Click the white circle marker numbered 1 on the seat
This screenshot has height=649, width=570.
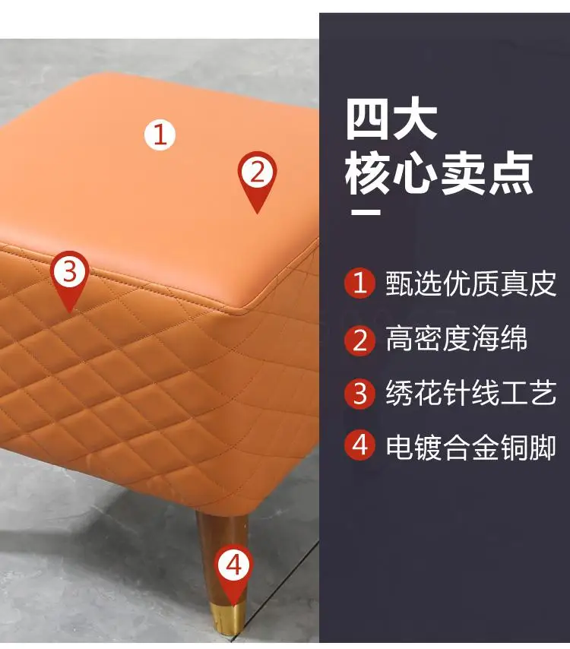pos(160,135)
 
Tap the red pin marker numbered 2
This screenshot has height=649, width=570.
pos(257,181)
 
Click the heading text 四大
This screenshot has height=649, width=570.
pos(391,119)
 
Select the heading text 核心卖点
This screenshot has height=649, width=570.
pos(439,173)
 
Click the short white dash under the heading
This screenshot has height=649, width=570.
pos(366,212)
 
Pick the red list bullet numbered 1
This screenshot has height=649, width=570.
pos(359,283)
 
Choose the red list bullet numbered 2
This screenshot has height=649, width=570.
pos(359,340)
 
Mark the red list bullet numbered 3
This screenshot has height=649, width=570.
pos(359,394)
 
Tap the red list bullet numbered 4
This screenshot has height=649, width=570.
pos(359,446)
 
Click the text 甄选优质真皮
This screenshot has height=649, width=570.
pos(470,283)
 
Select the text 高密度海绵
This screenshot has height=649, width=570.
pos(457,339)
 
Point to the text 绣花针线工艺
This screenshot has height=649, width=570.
pos(470,393)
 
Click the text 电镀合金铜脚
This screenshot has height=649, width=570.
pos(470,447)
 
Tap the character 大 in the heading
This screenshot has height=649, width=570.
pos(415,119)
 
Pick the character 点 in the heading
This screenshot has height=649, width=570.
pos(511,173)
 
